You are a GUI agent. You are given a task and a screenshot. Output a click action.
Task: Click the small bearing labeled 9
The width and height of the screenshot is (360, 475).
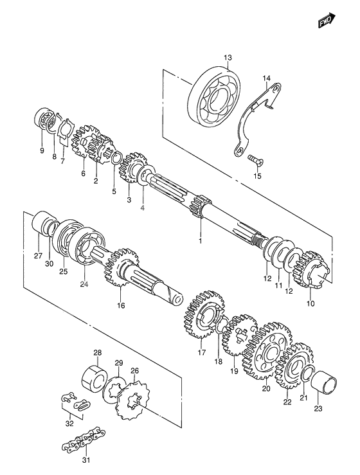pos(46,121)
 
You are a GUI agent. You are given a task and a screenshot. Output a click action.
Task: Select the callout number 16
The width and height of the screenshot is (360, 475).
pos(121,305)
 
